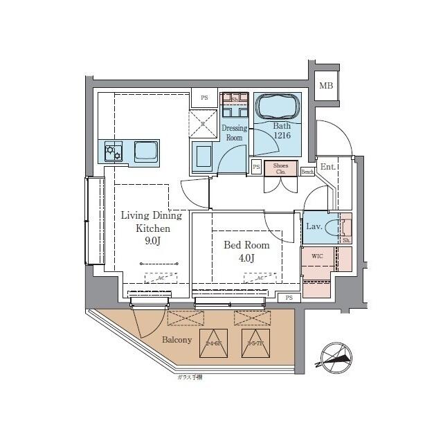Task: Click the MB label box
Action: (325, 87)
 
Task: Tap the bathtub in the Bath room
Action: (279, 108)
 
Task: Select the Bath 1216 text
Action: (281, 132)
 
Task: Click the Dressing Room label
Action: (234, 133)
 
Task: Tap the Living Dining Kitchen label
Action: (145, 221)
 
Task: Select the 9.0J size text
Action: (154, 242)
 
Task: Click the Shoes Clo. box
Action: (280, 168)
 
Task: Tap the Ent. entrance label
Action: (327, 167)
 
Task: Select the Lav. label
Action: (312, 226)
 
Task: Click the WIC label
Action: (317, 256)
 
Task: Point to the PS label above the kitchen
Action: (204, 98)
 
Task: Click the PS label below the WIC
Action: (289, 298)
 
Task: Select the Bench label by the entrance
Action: (307, 171)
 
